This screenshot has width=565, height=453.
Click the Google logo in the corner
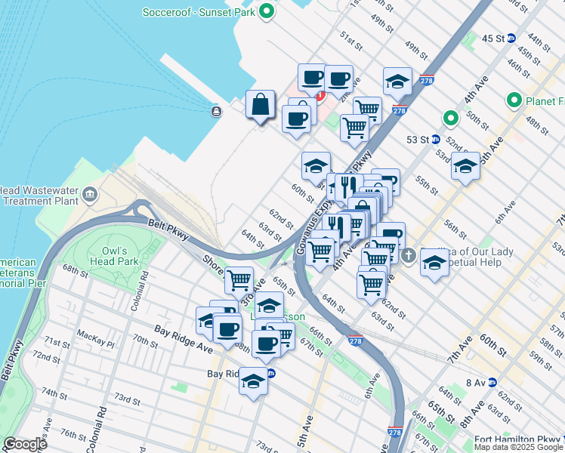click(x=24, y=444)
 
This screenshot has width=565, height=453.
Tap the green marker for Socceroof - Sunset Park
click(x=266, y=12)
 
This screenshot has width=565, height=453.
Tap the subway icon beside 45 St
click(x=511, y=38)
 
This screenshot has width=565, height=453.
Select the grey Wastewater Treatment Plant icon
click(x=90, y=196)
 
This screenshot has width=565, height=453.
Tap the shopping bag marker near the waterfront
click(x=260, y=105)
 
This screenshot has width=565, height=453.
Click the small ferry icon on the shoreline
click(x=217, y=112)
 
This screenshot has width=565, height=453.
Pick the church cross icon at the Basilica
click(x=409, y=254)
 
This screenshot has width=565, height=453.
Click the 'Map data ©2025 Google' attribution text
click(x=517, y=447)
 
